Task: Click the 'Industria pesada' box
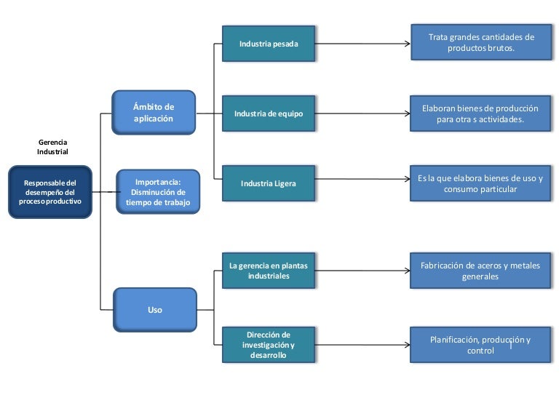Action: point(269,44)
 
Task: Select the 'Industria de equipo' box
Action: point(269,113)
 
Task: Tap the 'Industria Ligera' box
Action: point(269,183)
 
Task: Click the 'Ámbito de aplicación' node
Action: point(154,113)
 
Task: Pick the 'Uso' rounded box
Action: point(155,310)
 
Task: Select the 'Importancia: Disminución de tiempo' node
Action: point(158,192)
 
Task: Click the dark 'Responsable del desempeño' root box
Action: point(50,192)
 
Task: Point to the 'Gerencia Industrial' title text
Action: point(52,148)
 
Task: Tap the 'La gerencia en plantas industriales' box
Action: point(269,271)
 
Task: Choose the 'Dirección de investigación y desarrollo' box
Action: point(269,345)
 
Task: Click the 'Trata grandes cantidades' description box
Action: point(480,42)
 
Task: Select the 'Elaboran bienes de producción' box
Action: point(480,113)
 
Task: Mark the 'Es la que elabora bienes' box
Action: point(480,183)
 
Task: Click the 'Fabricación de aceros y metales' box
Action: point(480,271)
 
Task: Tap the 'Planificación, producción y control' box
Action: point(480,345)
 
